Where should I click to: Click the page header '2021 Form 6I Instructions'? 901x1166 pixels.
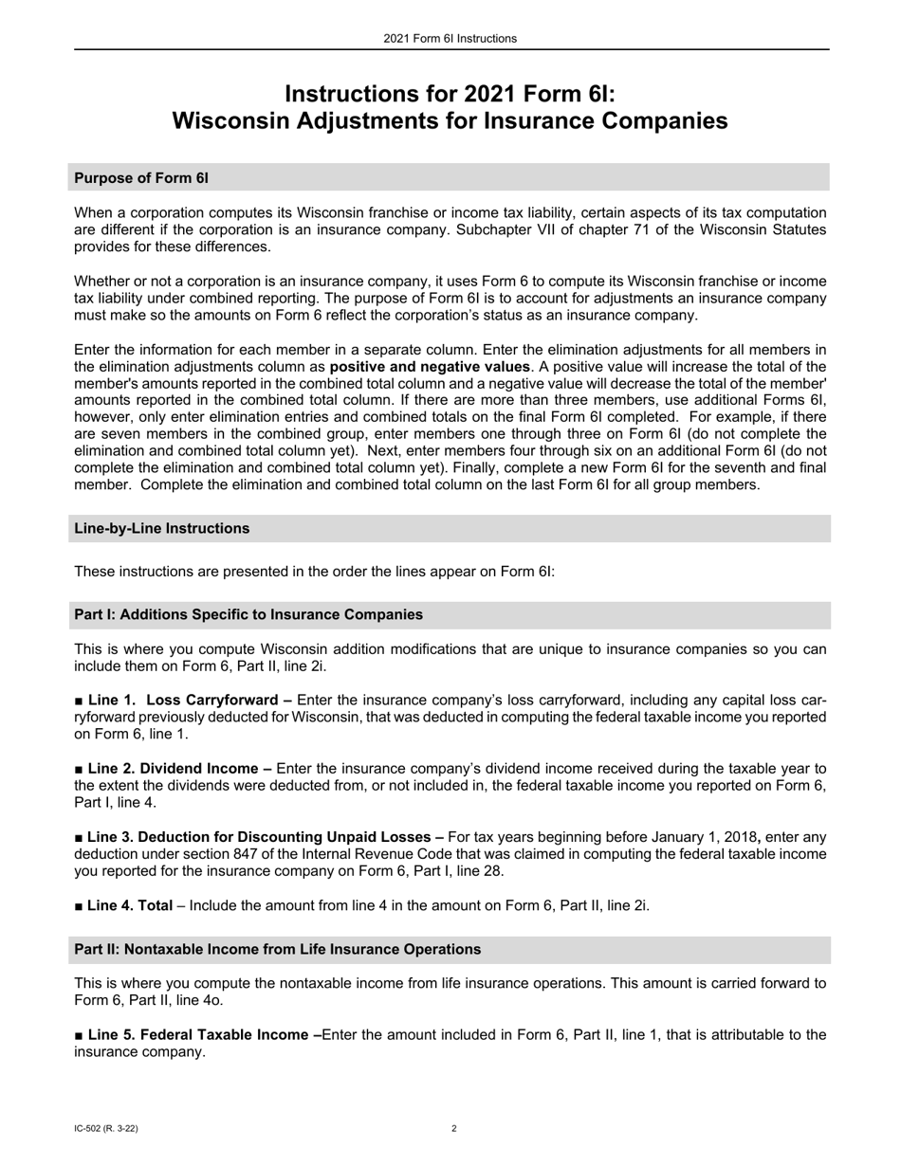(450, 39)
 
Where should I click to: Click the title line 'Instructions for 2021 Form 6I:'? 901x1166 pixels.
(450, 94)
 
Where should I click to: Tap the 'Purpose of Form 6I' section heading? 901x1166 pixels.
(141, 177)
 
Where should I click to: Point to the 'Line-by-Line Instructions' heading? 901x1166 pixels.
(161, 528)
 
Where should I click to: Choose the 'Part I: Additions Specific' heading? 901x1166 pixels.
(248, 614)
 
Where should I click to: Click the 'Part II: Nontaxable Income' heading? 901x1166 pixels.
(277, 949)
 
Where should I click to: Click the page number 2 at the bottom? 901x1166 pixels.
(454, 1129)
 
